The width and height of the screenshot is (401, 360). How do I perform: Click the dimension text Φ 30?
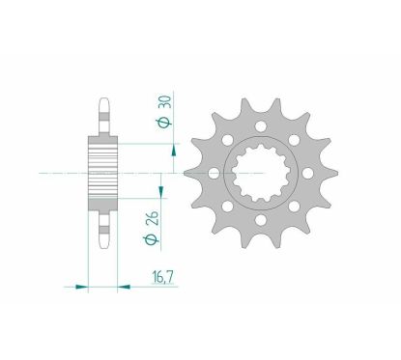click(164, 112)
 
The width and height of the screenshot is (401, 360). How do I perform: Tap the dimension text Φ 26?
click(151, 228)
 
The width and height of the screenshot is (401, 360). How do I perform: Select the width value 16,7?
click(163, 277)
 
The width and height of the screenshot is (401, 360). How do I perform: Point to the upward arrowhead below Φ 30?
click(174, 151)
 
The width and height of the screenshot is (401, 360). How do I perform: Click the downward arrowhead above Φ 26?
click(160, 192)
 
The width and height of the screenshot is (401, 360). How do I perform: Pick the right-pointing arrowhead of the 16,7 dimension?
click(81, 287)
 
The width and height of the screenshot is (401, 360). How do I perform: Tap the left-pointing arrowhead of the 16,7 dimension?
click(124, 287)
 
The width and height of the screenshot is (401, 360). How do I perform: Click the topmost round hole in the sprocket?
click(261, 126)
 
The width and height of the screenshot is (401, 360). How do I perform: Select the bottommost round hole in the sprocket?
click(261, 220)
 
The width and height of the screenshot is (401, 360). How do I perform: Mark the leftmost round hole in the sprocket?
click(215, 174)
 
